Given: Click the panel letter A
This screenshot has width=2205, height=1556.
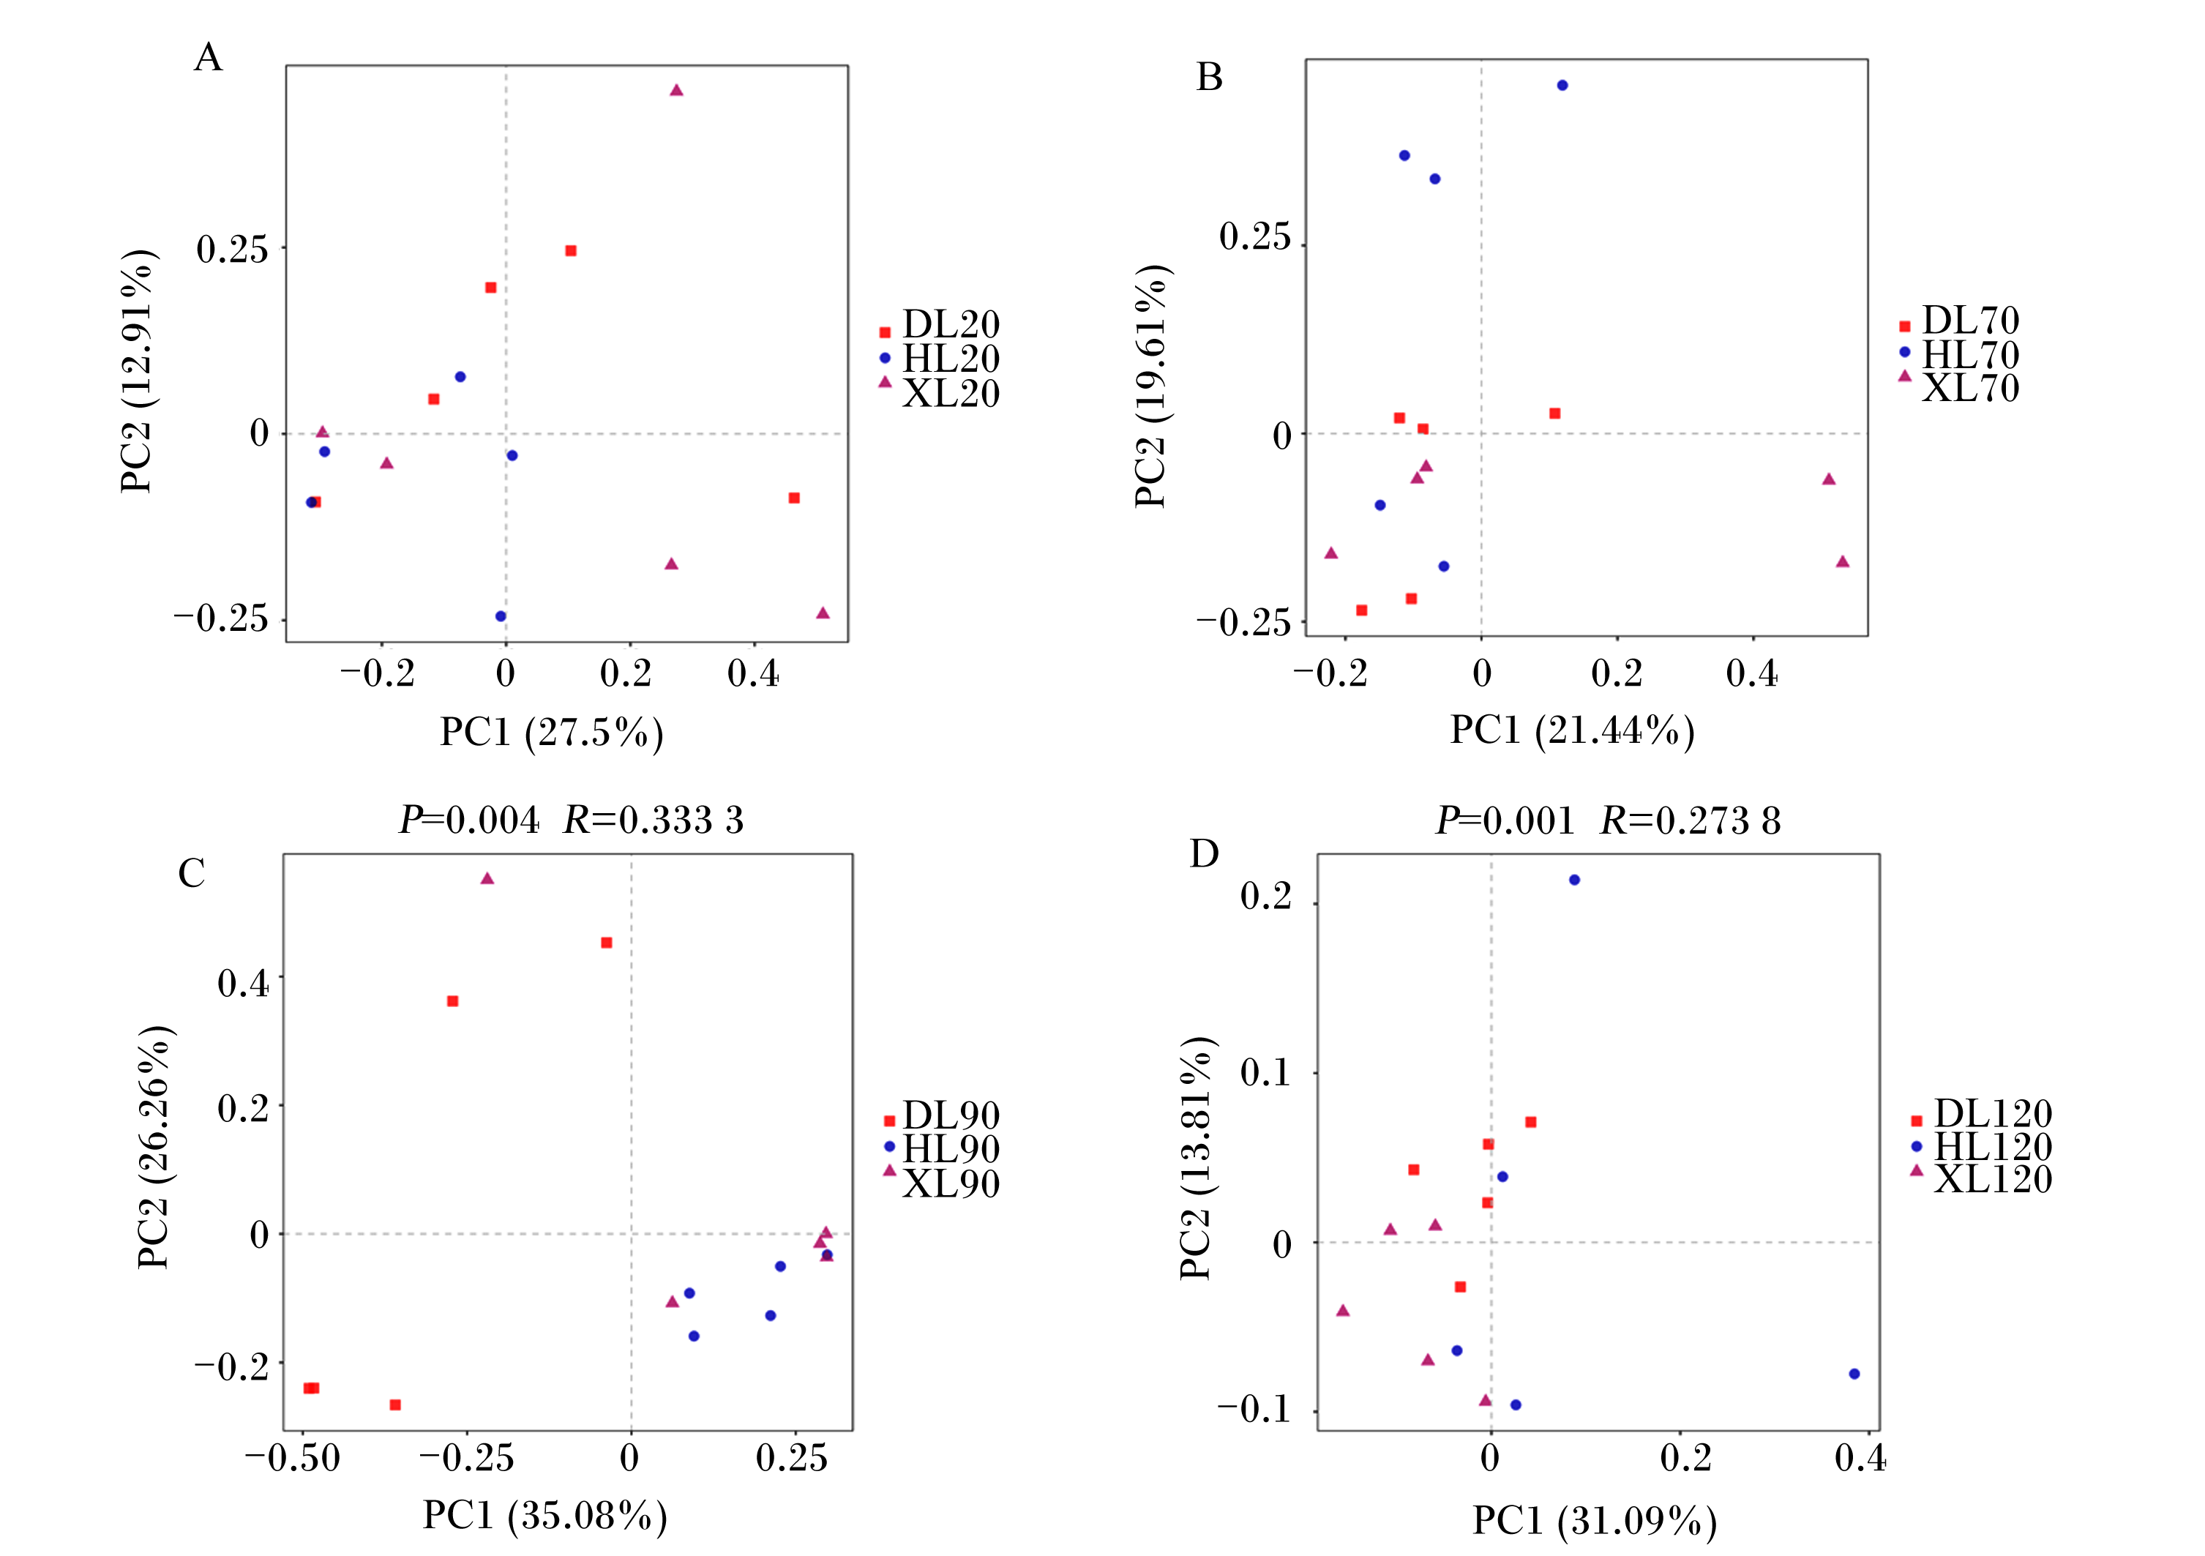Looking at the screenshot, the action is tap(209, 58).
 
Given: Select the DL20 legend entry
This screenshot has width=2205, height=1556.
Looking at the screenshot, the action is tap(939, 325).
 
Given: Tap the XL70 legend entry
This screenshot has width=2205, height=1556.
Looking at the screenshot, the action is tap(1959, 388).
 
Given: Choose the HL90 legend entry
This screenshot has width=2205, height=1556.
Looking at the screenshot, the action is tap(941, 1149).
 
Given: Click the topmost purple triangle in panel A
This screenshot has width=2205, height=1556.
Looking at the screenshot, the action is tap(676, 90).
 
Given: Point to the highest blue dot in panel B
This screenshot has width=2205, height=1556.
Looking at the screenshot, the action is tap(1562, 86).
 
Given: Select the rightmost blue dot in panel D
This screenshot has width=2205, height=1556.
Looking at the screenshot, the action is tap(1854, 1374).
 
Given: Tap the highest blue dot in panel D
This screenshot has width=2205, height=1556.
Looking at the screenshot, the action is tap(1574, 880).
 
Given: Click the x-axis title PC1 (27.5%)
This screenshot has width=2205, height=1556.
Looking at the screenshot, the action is tap(553, 733).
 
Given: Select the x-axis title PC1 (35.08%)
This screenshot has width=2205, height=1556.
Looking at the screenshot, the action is tap(545, 1515).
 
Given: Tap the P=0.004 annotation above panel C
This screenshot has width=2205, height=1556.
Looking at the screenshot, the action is tap(470, 820).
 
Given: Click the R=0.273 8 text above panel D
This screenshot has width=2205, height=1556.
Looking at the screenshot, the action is tap(1691, 821).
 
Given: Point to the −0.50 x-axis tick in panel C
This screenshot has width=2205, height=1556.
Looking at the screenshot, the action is tap(292, 1457).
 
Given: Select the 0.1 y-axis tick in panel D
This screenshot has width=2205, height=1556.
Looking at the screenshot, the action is tap(1266, 1072).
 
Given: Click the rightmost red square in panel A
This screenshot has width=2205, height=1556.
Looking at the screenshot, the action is tap(794, 498).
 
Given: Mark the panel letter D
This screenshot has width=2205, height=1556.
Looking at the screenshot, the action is tap(1205, 853).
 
